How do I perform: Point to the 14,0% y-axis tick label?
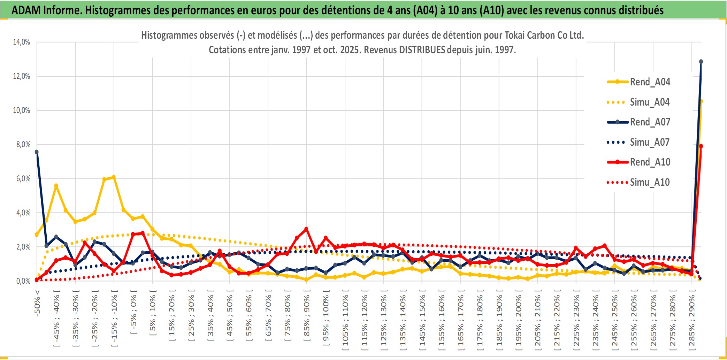pyautogui.click(x=22, y=42)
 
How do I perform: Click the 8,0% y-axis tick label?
pyautogui.click(x=23, y=145)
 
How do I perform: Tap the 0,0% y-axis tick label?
pyautogui.click(x=23, y=281)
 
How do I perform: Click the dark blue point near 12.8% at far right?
pyautogui.click(x=701, y=62)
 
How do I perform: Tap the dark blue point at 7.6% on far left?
pyautogui.click(x=37, y=152)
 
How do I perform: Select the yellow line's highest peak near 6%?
pyautogui.click(x=114, y=177)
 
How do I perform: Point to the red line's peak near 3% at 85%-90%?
pyautogui.click(x=306, y=229)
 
